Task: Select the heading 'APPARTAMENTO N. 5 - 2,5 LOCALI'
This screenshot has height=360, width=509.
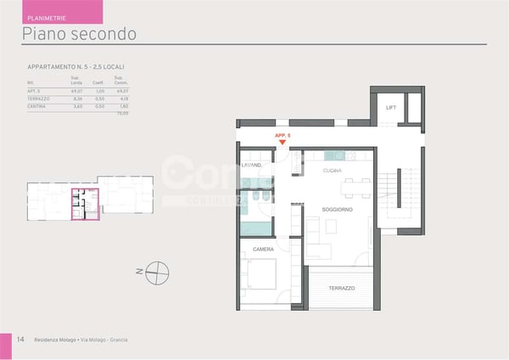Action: click(81, 66)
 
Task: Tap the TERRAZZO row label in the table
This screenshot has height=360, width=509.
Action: click(38, 99)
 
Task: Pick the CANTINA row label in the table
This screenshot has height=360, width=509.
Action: click(36, 107)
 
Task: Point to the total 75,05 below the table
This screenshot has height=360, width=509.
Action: click(122, 113)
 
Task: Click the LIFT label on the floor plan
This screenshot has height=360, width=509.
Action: click(391, 108)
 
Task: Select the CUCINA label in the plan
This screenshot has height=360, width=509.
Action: click(333, 171)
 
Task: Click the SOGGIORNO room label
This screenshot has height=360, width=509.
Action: click(337, 209)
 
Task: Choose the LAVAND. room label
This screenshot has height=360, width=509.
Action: click(251, 165)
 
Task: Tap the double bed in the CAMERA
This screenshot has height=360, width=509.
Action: click(258, 277)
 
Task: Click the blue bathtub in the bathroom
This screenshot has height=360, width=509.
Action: click(255, 228)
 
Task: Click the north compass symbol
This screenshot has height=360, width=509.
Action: click(158, 273)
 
